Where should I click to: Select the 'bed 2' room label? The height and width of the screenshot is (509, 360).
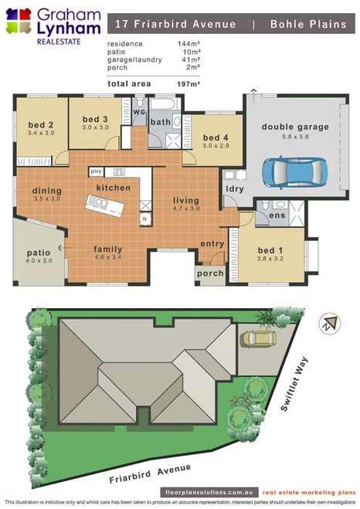pyautogui.click(x=40, y=125)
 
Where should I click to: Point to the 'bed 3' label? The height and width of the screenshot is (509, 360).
pyautogui.click(x=95, y=119)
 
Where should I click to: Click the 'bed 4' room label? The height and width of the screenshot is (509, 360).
pyautogui.click(x=216, y=137)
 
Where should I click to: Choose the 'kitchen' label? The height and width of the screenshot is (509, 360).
pyautogui.click(x=113, y=188)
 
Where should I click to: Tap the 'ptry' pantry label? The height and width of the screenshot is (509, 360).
pyautogui.click(x=97, y=171)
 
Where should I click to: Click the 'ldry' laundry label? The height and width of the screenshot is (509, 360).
pyautogui.click(x=234, y=188)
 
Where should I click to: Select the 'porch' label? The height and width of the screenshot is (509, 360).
pyautogui.click(x=210, y=273)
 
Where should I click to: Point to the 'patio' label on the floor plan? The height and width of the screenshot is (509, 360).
pyautogui.click(x=39, y=252)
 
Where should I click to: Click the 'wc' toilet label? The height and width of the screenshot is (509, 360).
pyautogui.click(x=140, y=112)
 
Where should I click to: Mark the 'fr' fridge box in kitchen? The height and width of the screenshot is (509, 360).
pyautogui.click(x=144, y=219)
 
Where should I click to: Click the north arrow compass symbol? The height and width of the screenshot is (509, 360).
pyautogui.click(x=331, y=323)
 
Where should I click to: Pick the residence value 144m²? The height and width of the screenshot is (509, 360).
pyautogui.click(x=188, y=44)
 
